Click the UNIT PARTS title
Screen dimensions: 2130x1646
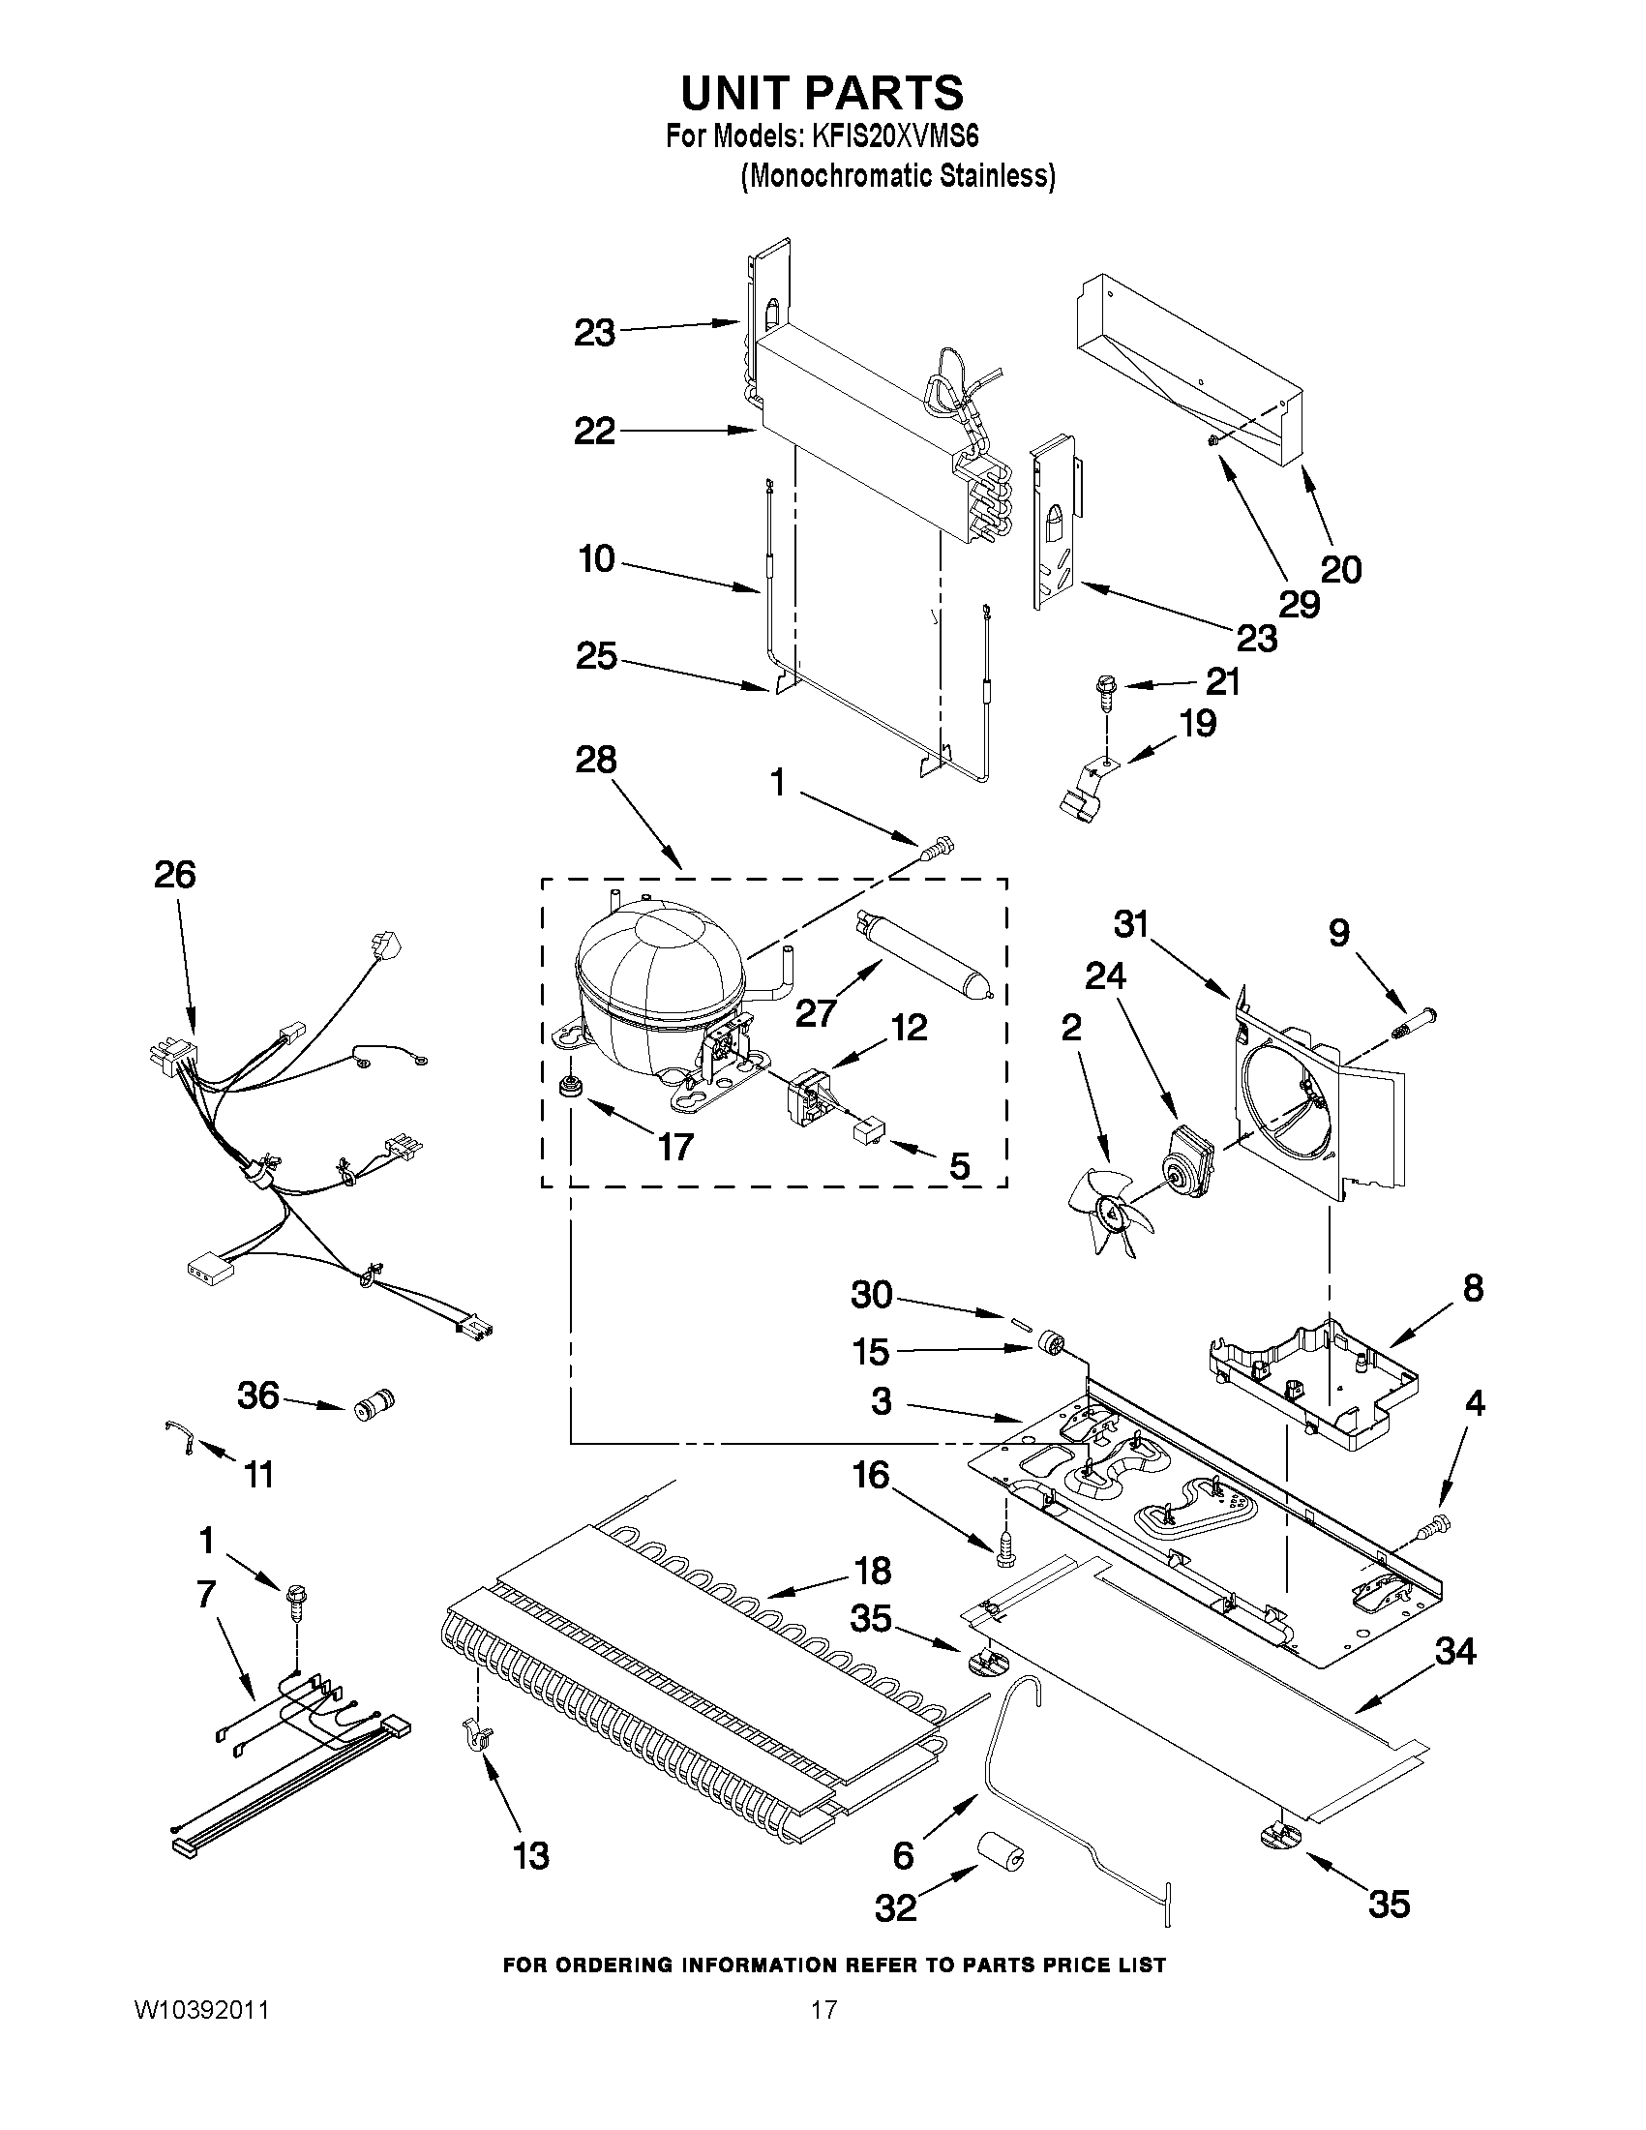coord(822,94)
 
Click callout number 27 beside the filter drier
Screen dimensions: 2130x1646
coord(815,1013)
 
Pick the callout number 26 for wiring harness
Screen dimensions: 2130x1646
coord(174,875)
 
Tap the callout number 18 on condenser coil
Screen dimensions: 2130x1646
coord(871,1572)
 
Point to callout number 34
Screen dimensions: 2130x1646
coord(1454,1651)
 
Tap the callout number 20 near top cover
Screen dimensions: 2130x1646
coord(1340,569)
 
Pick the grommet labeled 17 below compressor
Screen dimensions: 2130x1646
coord(566,1086)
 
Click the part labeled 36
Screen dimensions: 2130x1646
coord(373,1408)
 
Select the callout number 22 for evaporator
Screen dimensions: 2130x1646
coord(594,430)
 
